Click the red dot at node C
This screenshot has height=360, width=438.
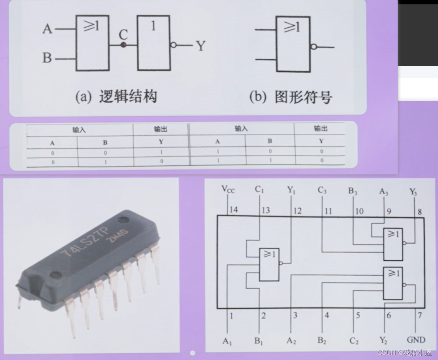(x=123, y=45)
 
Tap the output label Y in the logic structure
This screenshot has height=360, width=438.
(x=201, y=46)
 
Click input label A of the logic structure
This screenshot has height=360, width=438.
(x=47, y=29)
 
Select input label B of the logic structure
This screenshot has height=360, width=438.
(x=47, y=58)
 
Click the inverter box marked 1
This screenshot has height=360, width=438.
(x=154, y=43)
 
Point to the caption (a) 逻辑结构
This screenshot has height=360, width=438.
(x=116, y=97)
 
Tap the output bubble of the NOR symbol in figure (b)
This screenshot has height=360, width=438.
(x=313, y=47)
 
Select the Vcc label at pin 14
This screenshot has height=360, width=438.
(x=228, y=189)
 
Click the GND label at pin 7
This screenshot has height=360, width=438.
(x=416, y=340)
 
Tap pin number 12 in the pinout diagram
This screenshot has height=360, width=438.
(x=297, y=210)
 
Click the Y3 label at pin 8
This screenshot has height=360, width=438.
(x=413, y=192)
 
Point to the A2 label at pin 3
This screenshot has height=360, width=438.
(x=291, y=341)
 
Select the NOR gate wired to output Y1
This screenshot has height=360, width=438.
(x=269, y=264)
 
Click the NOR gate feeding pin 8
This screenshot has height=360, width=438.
(x=393, y=244)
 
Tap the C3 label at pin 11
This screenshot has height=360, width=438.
(x=322, y=191)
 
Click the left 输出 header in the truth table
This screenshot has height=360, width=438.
(x=160, y=129)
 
